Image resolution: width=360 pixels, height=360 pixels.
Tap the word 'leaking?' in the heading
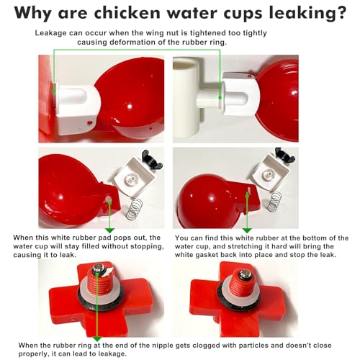click(x=310, y=14)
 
